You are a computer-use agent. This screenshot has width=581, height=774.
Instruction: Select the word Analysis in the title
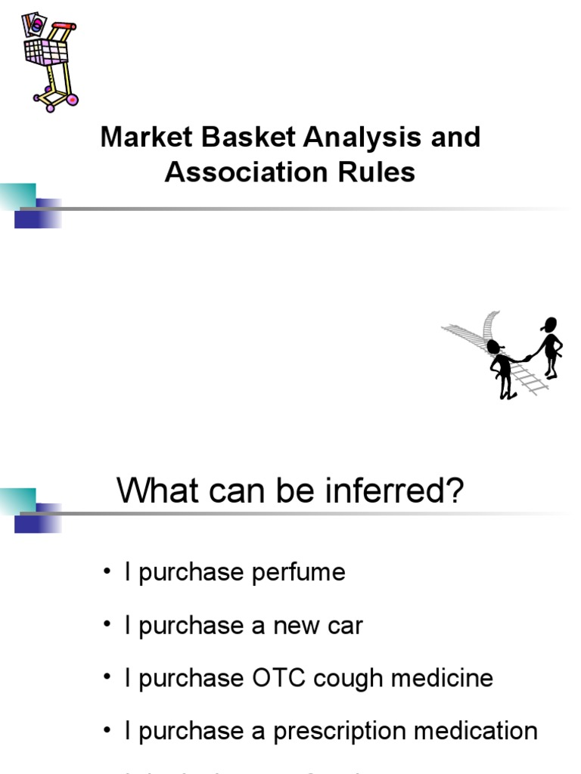(362, 138)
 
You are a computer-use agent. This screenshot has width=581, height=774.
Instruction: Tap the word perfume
(303, 572)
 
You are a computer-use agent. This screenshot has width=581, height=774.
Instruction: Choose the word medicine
(452, 678)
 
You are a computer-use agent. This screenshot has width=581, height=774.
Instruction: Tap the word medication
(475, 731)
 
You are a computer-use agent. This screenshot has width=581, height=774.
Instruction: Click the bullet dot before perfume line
(107, 573)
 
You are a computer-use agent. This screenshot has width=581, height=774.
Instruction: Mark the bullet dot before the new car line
(107, 626)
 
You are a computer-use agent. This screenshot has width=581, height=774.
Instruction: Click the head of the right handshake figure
(550, 324)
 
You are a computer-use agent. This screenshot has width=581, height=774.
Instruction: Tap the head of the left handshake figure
(495, 347)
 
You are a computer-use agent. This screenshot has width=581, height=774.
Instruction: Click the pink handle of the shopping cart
(64, 27)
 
